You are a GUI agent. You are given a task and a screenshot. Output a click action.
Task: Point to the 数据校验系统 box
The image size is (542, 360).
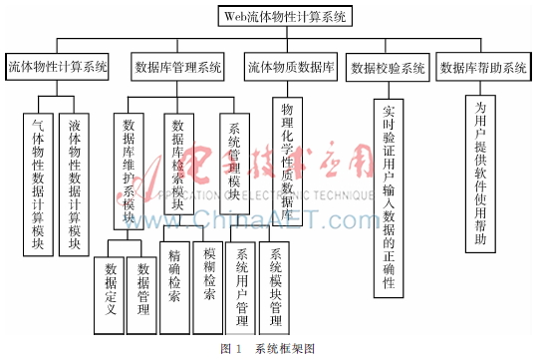388,69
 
